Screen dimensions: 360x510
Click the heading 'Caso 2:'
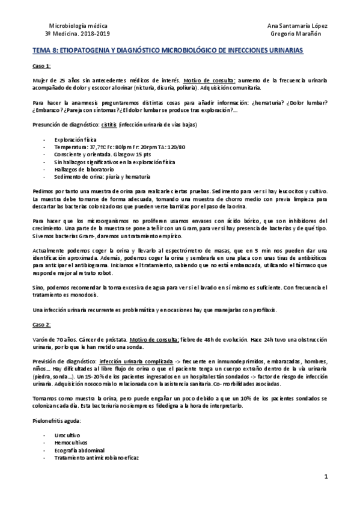[x=41, y=324]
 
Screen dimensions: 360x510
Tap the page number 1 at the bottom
[x=324, y=478]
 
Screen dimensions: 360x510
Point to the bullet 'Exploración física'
[x=76, y=138]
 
